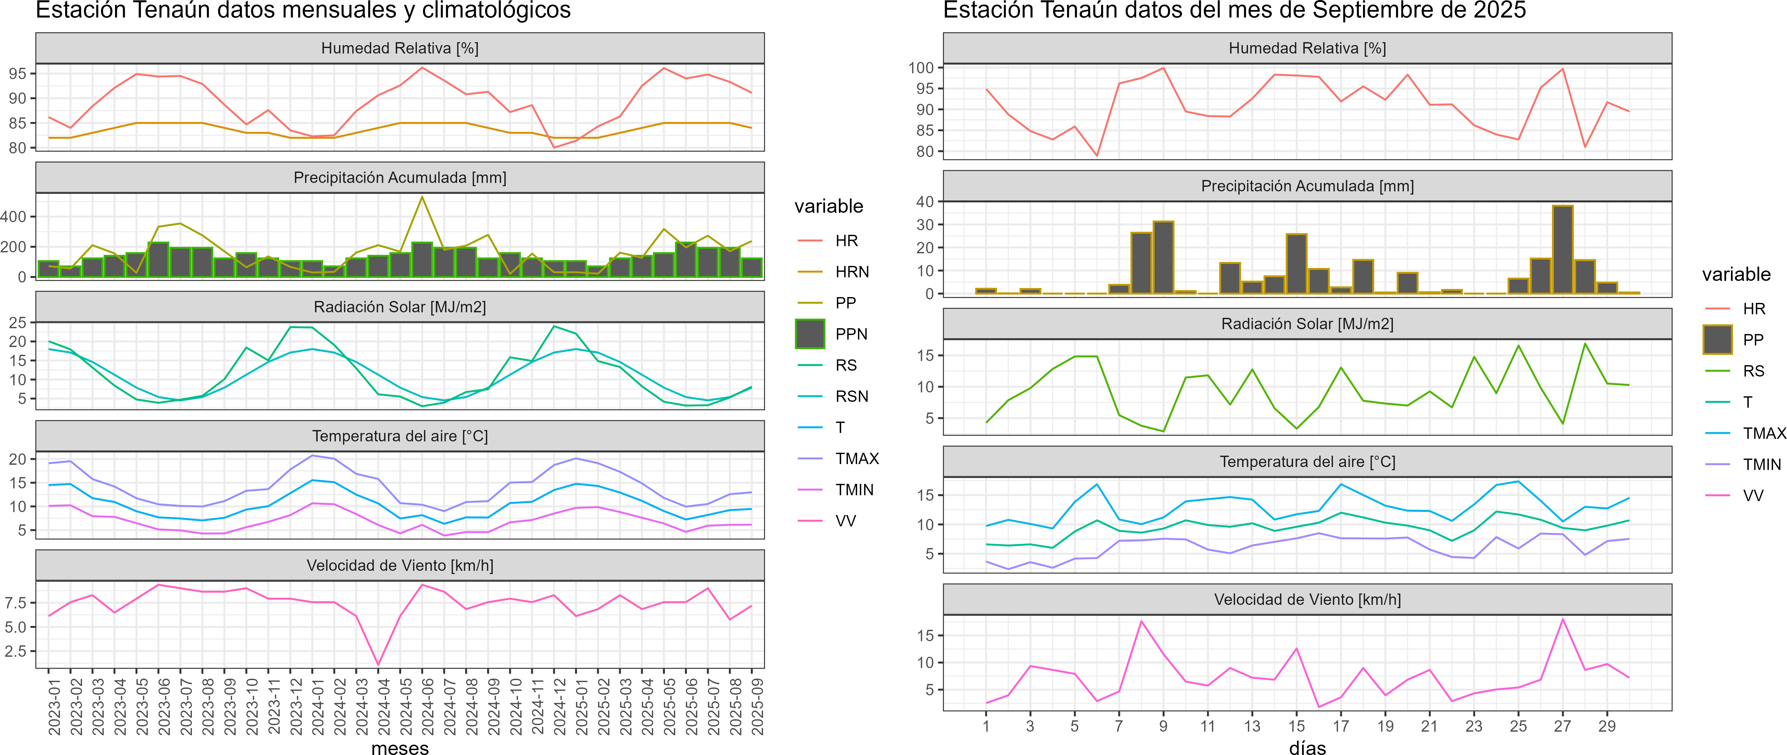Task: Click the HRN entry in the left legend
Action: (x=851, y=272)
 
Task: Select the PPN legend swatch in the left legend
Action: (x=810, y=334)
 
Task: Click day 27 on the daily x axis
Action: (x=1562, y=726)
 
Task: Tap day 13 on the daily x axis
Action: (x=1252, y=726)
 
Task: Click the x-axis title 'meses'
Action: (x=400, y=747)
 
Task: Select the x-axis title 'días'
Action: (x=1308, y=747)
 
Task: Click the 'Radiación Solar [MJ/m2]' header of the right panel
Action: (x=1308, y=324)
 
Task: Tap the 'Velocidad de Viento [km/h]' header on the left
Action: (x=400, y=566)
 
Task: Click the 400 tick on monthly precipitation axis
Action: (x=14, y=217)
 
